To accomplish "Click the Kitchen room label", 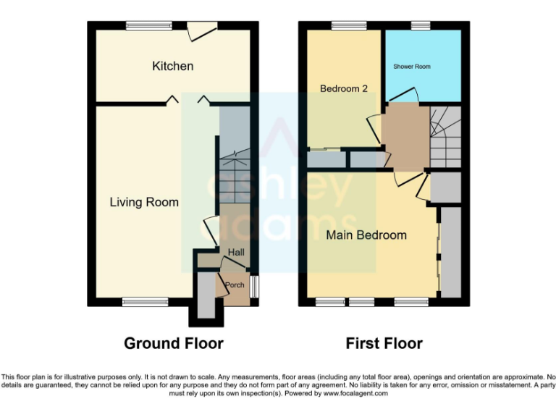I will pos(172,66).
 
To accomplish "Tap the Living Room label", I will pos(143,202).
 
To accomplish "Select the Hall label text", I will pos(236,252).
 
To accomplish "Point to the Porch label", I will pos(235,285).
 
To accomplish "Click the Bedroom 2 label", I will pos(344,88).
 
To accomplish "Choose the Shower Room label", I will pos(412,67).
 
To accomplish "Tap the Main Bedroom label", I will pos(366,235).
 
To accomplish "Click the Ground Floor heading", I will pos(173,342).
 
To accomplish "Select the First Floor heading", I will pos(384,342).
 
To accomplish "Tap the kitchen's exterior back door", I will pos(202,29).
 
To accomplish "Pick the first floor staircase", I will pos(445,135).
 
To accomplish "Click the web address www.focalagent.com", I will pos(355,394).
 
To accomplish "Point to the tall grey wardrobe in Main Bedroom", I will pos(450,251).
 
